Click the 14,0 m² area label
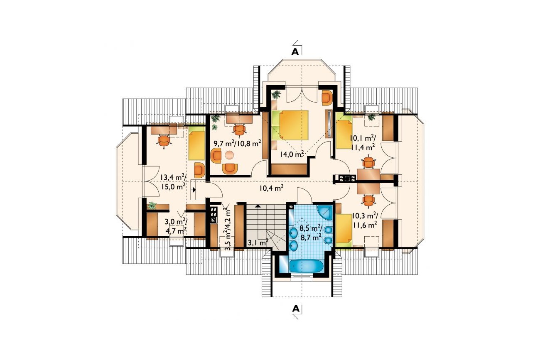pyautogui.click(x=292, y=154)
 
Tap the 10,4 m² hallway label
pyautogui.click(x=271, y=188)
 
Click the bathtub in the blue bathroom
pyautogui.click(x=304, y=266)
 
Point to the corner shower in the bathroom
pyautogui.click(x=324, y=213)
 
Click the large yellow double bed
pyautogui.click(x=290, y=125)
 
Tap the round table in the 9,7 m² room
pyautogui.click(x=229, y=155)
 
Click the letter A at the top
pyautogui.click(x=295, y=51)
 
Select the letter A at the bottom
pyautogui.click(x=296, y=309)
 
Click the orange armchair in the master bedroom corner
pyautogui.click(x=327, y=98)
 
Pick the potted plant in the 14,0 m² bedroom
pyautogui.click(x=276, y=94)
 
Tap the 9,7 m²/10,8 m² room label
pyautogui.click(x=238, y=144)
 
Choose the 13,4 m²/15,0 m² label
pyautogui.click(x=173, y=182)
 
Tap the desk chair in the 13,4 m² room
pyautogui.click(x=164, y=141)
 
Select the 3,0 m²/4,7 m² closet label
pyautogui.click(x=176, y=226)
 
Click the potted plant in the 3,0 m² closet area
pyautogui.click(x=152, y=206)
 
